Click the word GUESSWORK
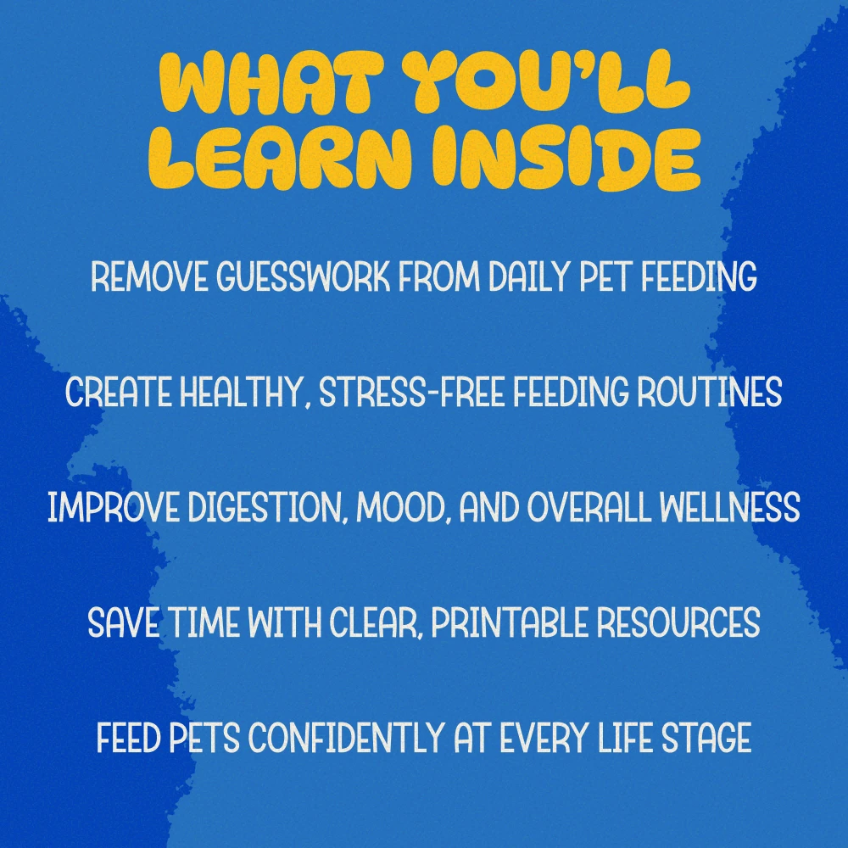(x=303, y=276)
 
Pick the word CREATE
(x=119, y=392)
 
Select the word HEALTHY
(x=241, y=392)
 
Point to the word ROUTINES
(x=709, y=392)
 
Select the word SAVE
(x=123, y=622)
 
